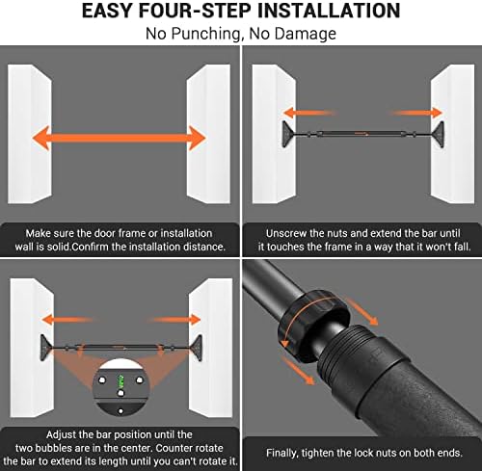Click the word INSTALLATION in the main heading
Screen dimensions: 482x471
(x=329, y=11)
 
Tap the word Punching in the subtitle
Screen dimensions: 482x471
(x=205, y=34)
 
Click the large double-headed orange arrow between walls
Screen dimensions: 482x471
(x=119, y=138)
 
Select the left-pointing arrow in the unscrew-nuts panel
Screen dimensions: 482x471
(x=309, y=113)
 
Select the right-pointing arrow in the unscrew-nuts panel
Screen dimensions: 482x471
(x=416, y=113)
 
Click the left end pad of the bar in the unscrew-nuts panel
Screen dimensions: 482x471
(x=288, y=134)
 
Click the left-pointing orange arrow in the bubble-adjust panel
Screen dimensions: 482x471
(x=67, y=320)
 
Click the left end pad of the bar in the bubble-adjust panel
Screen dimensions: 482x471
(x=46, y=348)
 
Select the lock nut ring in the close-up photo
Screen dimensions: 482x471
(x=313, y=325)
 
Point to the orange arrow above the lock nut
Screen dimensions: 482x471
(x=362, y=311)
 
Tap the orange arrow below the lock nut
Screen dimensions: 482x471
(x=298, y=371)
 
